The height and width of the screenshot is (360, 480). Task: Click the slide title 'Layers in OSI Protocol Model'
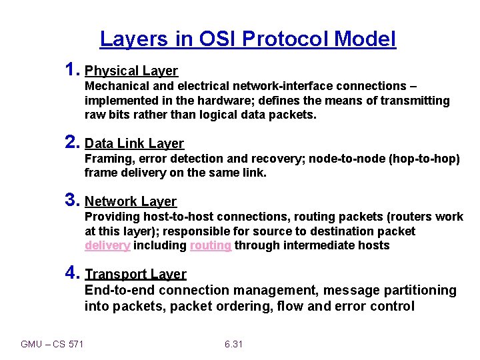tap(248, 39)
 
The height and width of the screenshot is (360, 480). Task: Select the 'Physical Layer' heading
tap(131, 71)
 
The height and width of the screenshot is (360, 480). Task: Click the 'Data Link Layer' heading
tap(135, 143)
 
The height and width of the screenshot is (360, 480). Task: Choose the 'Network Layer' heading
tap(131, 201)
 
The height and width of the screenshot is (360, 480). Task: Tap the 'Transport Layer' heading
tap(135, 274)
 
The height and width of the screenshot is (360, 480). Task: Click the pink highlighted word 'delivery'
tap(107, 245)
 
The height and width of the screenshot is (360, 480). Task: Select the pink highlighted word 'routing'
tap(211, 245)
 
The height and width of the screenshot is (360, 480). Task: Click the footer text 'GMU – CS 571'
tap(52, 344)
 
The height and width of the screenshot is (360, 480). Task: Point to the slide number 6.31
tap(233, 344)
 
